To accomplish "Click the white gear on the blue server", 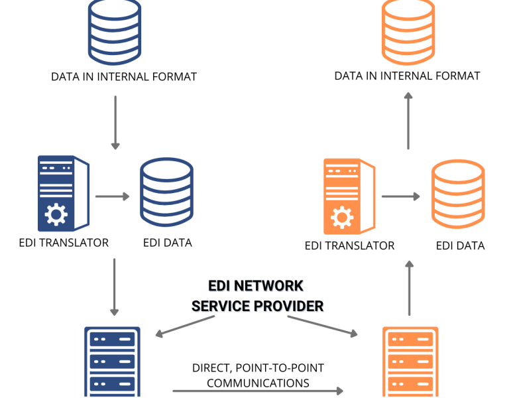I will pos(56,214).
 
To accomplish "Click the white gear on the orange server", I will pos(342,217).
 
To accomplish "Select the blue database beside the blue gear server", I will pos(166,192).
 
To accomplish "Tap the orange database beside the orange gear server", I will pos(457,194).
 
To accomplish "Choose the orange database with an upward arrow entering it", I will pos(408,32).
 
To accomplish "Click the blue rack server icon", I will pos(112,362).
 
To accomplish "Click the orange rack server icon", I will pos(410,362).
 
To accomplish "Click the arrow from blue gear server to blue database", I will pos(112,196).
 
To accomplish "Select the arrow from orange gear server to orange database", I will pos(400,196).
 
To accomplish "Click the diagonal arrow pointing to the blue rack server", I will pos(185,326).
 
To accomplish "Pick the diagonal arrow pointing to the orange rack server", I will pos(323,326).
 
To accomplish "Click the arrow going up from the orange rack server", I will pos(409,288).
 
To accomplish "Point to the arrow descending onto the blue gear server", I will pos(115,122).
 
